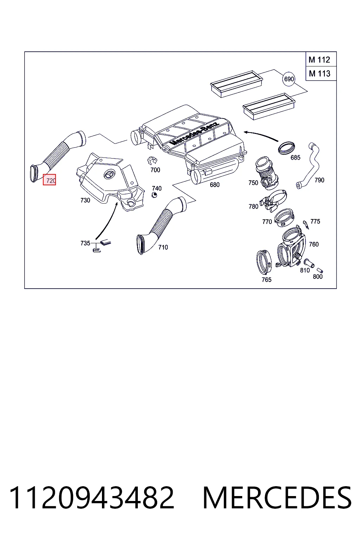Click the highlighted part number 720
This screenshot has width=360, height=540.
50,180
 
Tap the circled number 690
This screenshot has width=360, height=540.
289,79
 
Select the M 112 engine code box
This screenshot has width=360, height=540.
321,59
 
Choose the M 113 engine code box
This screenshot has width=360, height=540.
321,73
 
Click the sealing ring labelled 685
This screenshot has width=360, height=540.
287,148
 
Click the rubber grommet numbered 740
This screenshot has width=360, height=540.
154,195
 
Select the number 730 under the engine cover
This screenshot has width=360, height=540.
85,200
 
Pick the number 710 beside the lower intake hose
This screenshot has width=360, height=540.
163,247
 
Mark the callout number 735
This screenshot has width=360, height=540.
85,243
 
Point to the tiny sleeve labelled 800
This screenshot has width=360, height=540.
320,270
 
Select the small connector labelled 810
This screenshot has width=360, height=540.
309,263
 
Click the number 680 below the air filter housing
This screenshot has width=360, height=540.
214,185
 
